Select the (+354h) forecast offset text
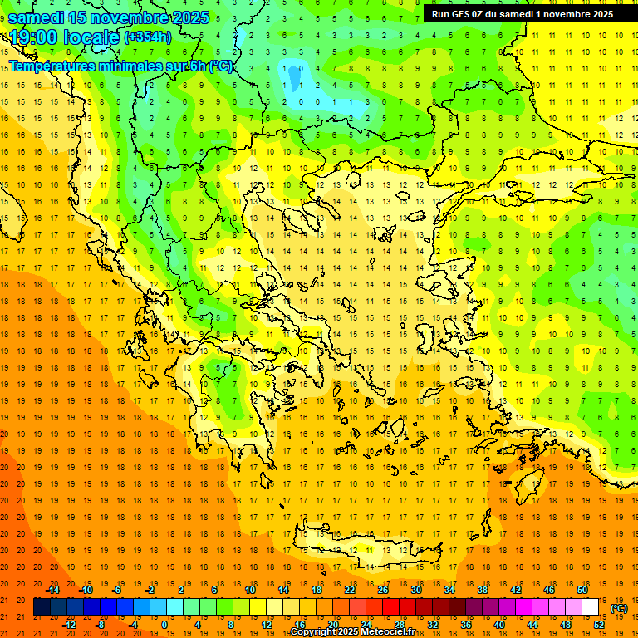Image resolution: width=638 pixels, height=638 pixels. tap(148, 37)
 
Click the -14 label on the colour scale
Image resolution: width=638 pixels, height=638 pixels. tap(53, 590)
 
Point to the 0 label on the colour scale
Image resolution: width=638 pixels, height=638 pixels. tap(164, 625)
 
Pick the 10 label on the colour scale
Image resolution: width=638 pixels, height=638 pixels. tap(249, 590)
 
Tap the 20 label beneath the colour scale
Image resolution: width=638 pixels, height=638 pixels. tap(332, 625)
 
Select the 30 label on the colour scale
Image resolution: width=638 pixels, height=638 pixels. tap(415, 590)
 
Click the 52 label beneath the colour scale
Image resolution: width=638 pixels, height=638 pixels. tap(599, 625)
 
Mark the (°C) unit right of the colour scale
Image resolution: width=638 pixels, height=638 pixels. tap(619, 608)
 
